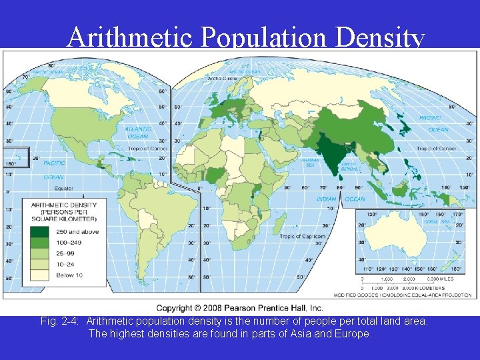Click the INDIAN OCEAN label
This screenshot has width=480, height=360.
pos(341,199)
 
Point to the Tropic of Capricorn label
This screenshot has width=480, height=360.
pos(302,237)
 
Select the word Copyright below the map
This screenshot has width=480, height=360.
pos(178,307)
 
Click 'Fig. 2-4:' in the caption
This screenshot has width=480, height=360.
pos(61,321)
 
